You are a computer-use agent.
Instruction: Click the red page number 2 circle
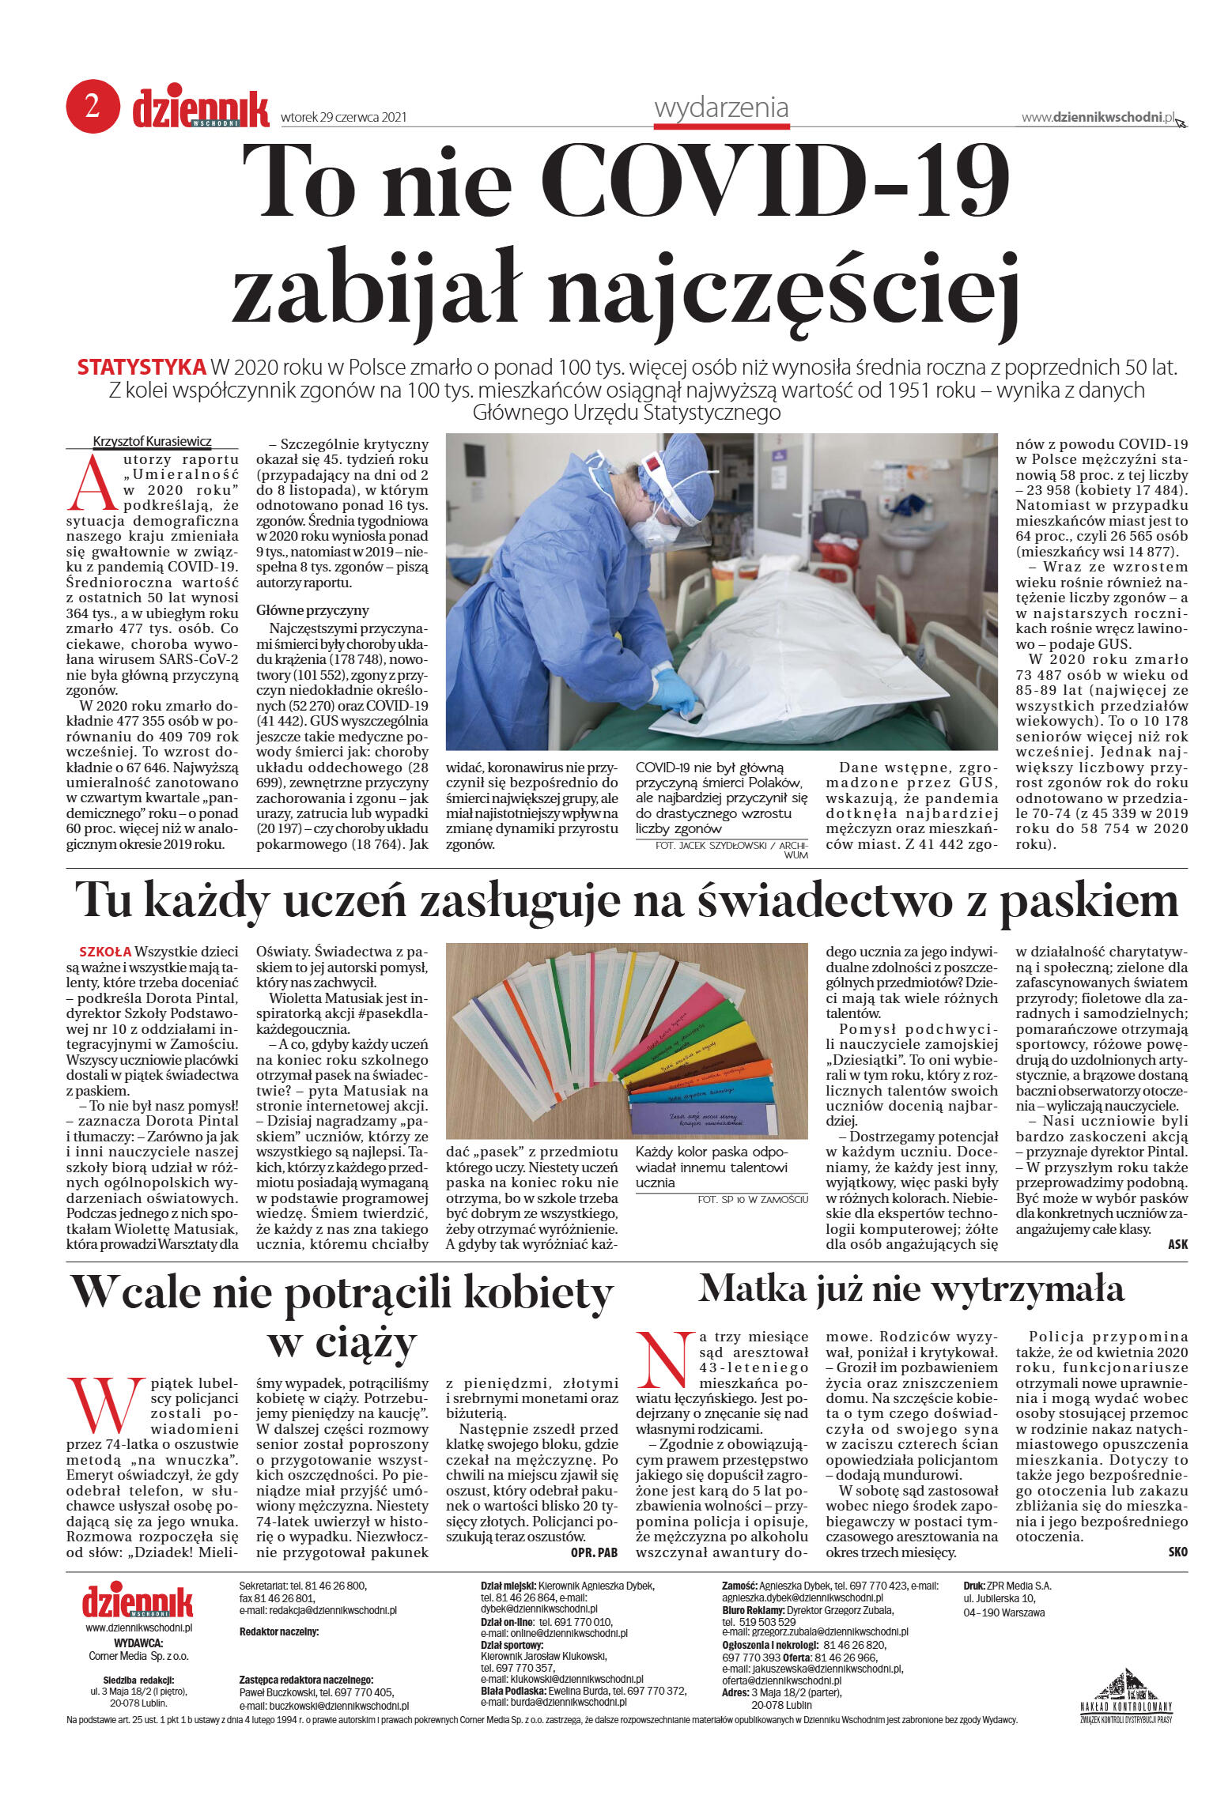[x=93, y=108]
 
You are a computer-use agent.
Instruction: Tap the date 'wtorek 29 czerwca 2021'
[x=344, y=118]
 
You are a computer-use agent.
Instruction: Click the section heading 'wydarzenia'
[x=721, y=108]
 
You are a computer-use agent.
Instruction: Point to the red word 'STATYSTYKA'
[x=142, y=368]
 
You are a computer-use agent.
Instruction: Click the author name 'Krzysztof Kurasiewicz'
[x=153, y=441]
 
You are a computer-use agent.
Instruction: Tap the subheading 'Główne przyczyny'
[x=312, y=610]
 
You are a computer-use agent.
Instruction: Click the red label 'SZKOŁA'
[x=105, y=952]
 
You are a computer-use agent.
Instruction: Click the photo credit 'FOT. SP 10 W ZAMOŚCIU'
[x=752, y=1199]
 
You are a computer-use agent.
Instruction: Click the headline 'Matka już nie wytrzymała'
[x=911, y=1288]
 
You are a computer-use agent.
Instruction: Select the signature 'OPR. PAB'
[x=594, y=1552]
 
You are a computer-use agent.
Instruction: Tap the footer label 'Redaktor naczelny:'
[x=278, y=1631]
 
